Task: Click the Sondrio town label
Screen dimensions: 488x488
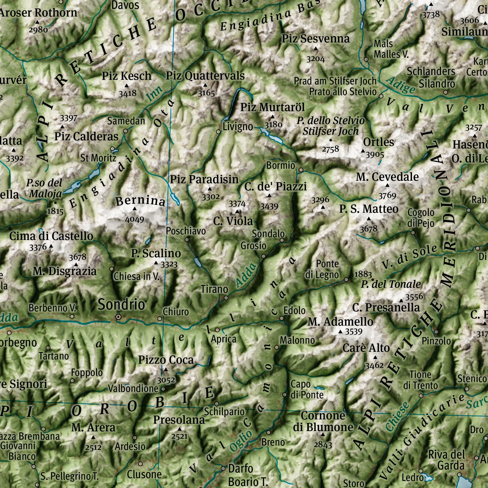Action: point(121,304)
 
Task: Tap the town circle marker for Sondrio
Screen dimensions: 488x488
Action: point(118,317)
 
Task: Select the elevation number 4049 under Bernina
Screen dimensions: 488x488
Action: point(134,219)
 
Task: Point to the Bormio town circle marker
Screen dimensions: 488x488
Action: point(301,170)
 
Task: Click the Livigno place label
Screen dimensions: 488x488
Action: point(238,126)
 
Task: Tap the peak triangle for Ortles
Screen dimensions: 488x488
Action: point(363,151)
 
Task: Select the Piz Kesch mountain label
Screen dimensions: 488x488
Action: point(126,76)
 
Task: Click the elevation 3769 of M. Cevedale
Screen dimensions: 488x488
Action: point(387,196)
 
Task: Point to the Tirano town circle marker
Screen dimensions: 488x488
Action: point(226,298)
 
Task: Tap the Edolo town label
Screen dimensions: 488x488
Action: point(294,310)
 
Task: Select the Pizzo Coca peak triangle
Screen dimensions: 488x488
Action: point(166,370)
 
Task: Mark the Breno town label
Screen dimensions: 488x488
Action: point(273,442)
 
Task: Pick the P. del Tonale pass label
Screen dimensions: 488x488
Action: point(391,284)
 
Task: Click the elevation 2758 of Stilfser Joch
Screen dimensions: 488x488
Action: point(330,149)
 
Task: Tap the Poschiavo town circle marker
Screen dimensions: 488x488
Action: point(187,240)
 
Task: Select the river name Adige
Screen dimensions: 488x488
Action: point(401,85)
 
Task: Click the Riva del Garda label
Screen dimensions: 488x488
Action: point(447,460)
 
